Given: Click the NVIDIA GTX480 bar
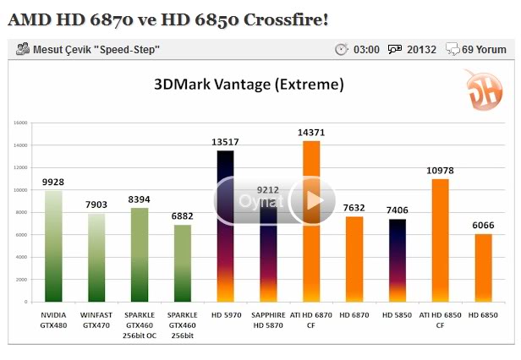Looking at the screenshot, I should [53, 246].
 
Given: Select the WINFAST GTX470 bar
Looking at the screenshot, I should [96, 258].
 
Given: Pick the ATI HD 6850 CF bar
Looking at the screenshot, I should [440, 241].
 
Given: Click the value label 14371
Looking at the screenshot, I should [311, 134].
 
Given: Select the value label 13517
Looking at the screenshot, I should [225, 143].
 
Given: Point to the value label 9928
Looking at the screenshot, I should [53, 182].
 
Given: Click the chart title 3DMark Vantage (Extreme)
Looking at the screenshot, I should [249, 85].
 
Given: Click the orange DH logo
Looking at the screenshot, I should [481, 90].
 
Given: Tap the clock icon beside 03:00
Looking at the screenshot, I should [341, 50].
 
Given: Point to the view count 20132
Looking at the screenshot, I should [421, 50].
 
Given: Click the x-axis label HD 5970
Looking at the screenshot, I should [225, 314].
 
